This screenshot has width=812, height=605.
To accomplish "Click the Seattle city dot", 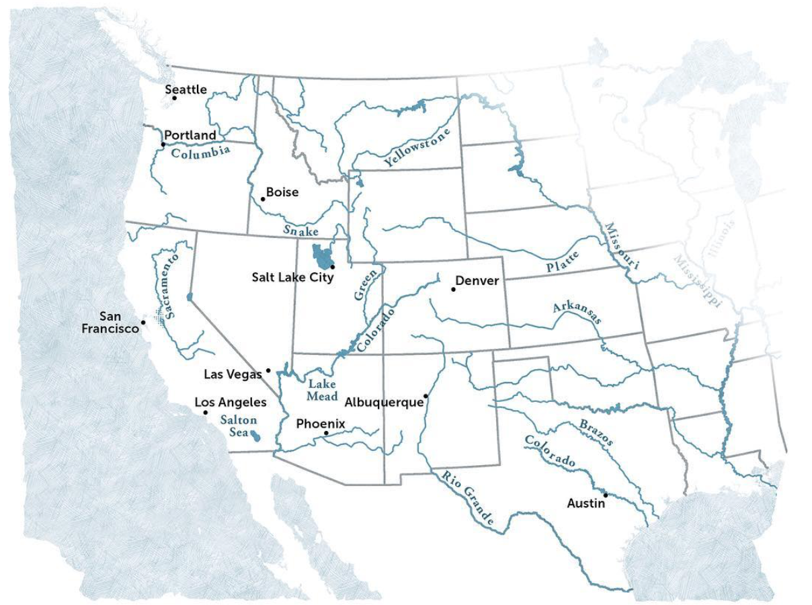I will [174, 98].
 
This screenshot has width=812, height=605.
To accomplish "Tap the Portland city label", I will [190, 135].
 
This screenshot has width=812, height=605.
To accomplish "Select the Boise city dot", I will [263, 198].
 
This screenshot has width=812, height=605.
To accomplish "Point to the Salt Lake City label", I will [292, 277].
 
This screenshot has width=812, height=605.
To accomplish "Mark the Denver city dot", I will [454, 290].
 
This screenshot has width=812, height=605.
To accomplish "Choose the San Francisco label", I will [110, 322].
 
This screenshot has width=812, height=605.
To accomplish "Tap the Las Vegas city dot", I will [268, 370].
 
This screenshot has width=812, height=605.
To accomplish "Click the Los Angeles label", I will [231, 402].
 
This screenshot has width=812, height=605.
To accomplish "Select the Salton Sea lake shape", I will [256, 438].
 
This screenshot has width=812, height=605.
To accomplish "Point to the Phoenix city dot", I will [326, 434].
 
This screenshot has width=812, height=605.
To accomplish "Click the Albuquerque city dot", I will [425, 396].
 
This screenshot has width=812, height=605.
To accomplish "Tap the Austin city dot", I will [605, 495].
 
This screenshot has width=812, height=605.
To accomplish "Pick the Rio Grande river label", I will [468, 497].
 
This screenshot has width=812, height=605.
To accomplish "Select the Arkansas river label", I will [577, 313].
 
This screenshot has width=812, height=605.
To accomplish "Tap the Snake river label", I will [300, 231].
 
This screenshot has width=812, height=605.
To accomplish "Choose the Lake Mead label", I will [322, 390].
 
